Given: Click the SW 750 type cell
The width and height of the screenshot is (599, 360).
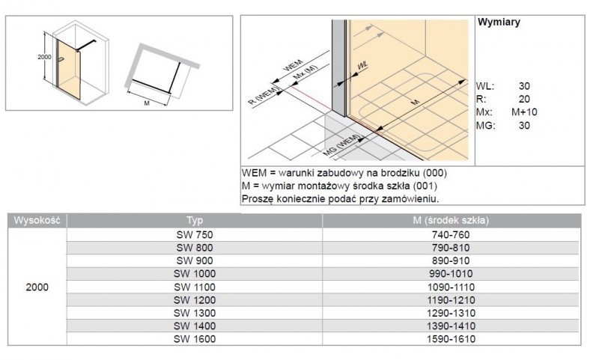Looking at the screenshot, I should point(195,235).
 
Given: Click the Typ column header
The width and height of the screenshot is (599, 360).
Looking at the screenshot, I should point(195,221).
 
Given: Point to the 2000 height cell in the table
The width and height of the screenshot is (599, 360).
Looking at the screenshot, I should point(37,287).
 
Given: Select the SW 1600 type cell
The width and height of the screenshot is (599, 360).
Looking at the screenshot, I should point(195,340).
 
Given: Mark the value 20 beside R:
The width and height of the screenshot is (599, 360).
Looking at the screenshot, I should point(524,99).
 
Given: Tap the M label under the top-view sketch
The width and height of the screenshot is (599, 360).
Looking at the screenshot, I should point(147,104).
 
